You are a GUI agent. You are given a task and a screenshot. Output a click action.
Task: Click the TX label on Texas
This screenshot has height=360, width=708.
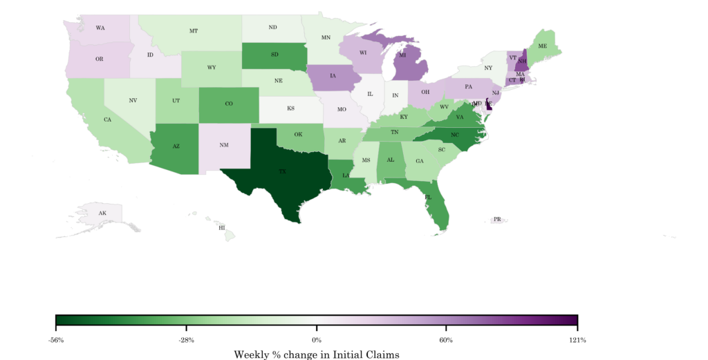coord(282,171)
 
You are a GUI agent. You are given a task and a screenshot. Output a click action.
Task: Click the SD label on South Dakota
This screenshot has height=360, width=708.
coord(275,55)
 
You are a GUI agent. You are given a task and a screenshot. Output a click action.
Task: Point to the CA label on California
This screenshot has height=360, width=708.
coord(107,120)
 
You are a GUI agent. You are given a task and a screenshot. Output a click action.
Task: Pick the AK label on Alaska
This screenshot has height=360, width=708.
coord(102,213)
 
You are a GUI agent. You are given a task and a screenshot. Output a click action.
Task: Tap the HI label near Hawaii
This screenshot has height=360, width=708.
coord(222,227)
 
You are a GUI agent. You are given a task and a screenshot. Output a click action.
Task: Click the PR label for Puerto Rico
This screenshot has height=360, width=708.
coord(497,219)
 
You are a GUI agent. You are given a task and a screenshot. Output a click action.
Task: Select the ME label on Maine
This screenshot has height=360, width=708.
coord(543,46)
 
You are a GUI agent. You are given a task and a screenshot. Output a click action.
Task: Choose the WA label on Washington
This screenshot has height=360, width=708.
coord(100,28)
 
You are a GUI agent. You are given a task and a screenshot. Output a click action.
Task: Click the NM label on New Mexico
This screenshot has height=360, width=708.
coord(225,145)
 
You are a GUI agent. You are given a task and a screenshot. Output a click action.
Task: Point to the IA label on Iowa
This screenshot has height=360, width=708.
coord(333,76)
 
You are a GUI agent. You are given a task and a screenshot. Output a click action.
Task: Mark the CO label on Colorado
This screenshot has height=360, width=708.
coord(229,104)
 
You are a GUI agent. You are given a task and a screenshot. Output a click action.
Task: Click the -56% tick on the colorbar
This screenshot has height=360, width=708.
coord(56,340)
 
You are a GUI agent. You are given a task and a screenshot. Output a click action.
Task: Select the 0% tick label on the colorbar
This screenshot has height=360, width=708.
coord(317,340)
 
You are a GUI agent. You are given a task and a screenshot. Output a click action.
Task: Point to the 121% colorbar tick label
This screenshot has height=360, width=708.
coord(577,340)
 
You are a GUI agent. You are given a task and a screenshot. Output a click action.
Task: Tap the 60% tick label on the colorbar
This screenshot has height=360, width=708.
coord(447,340)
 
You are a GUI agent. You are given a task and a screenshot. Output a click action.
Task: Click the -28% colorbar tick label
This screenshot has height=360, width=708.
coord(186,340)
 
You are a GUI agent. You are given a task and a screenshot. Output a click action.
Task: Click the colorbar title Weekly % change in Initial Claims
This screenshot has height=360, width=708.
coord(317,354)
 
